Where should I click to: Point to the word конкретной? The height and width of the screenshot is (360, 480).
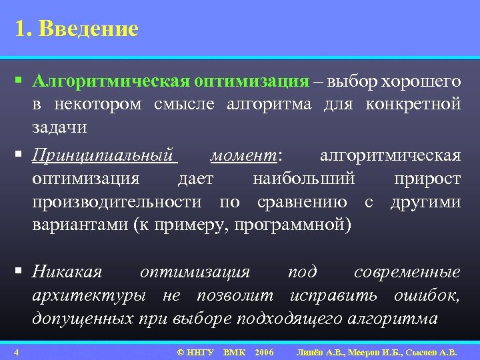click(x=418, y=104)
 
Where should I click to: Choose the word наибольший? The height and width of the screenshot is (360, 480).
click(x=304, y=179)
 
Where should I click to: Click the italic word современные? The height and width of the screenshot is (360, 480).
click(x=407, y=272)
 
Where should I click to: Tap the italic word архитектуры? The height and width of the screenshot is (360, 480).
click(x=91, y=295)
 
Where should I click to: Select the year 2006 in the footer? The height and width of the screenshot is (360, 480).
click(x=264, y=351)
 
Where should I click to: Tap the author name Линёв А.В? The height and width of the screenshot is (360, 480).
click(x=319, y=351)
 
